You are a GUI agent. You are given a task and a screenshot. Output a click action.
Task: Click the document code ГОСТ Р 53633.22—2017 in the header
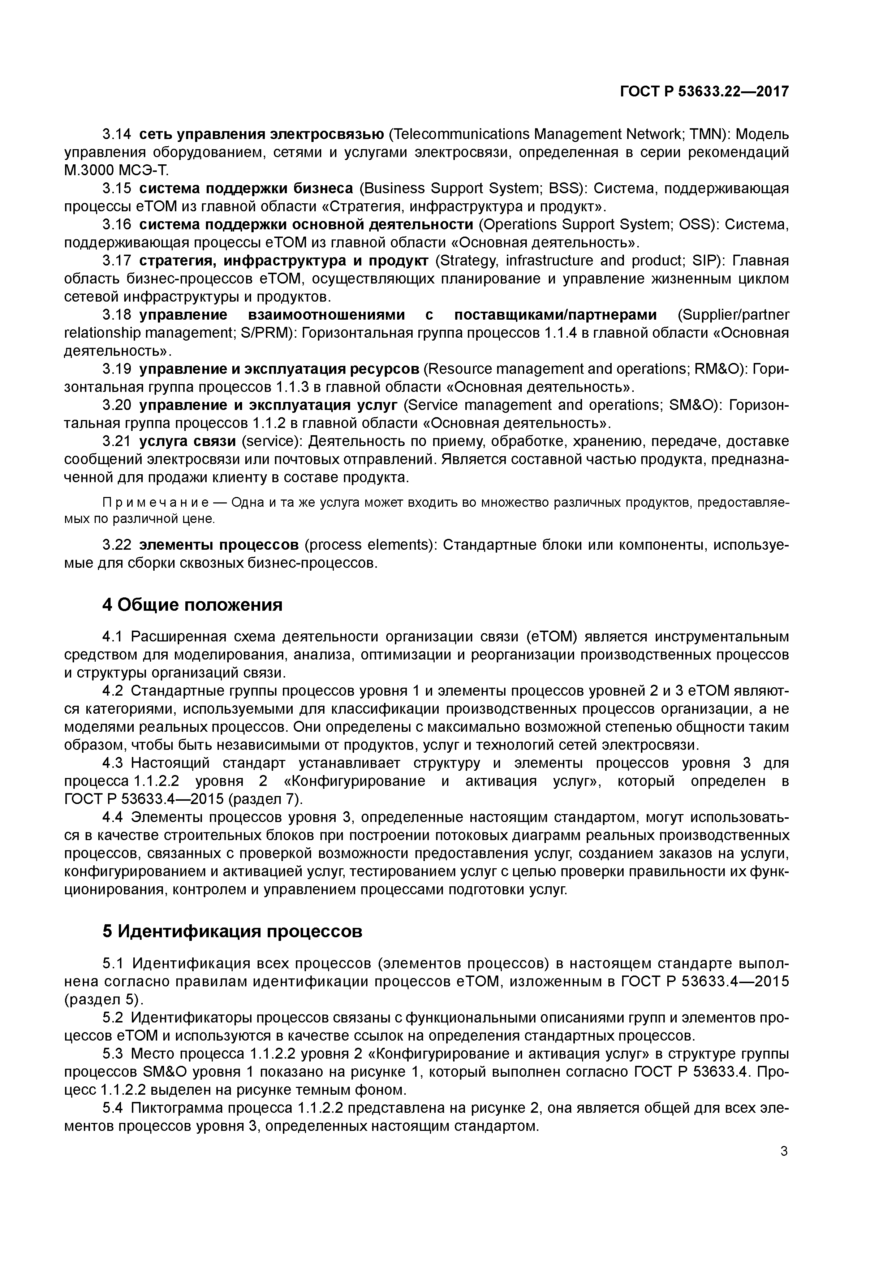coord(704,92)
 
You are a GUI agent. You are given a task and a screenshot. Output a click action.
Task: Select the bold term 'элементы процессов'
coord(219,545)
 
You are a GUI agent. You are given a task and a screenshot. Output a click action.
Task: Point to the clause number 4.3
coord(116,763)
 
